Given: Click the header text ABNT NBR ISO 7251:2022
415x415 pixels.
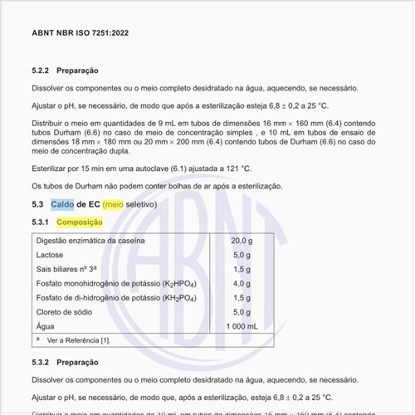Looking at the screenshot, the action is pyautogui.click(x=80, y=33).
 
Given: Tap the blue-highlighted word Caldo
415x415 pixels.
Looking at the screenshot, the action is pyautogui.click(x=62, y=204).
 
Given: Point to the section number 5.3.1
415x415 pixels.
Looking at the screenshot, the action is pyautogui.click(x=41, y=222).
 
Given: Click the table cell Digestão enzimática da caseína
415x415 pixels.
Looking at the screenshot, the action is pyautogui.click(x=90, y=241).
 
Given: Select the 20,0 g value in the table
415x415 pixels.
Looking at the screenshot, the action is pyautogui.click(x=242, y=241).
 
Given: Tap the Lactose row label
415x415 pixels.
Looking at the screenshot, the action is pyautogui.click(x=50, y=255).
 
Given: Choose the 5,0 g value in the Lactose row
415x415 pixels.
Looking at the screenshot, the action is pyautogui.click(x=242, y=255).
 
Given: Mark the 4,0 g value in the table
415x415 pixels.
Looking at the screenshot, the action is pyautogui.click(x=242, y=283).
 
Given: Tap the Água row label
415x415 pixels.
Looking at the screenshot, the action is pyautogui.click(x=45, y=326).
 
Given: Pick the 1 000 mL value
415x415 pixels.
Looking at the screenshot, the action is pyautogui.click(x=242, y=326).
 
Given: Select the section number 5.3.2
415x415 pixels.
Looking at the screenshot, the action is pyautogui.click(x=41, y=362).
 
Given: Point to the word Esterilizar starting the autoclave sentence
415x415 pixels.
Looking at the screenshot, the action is pyautogui.click(x=51, y=168).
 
